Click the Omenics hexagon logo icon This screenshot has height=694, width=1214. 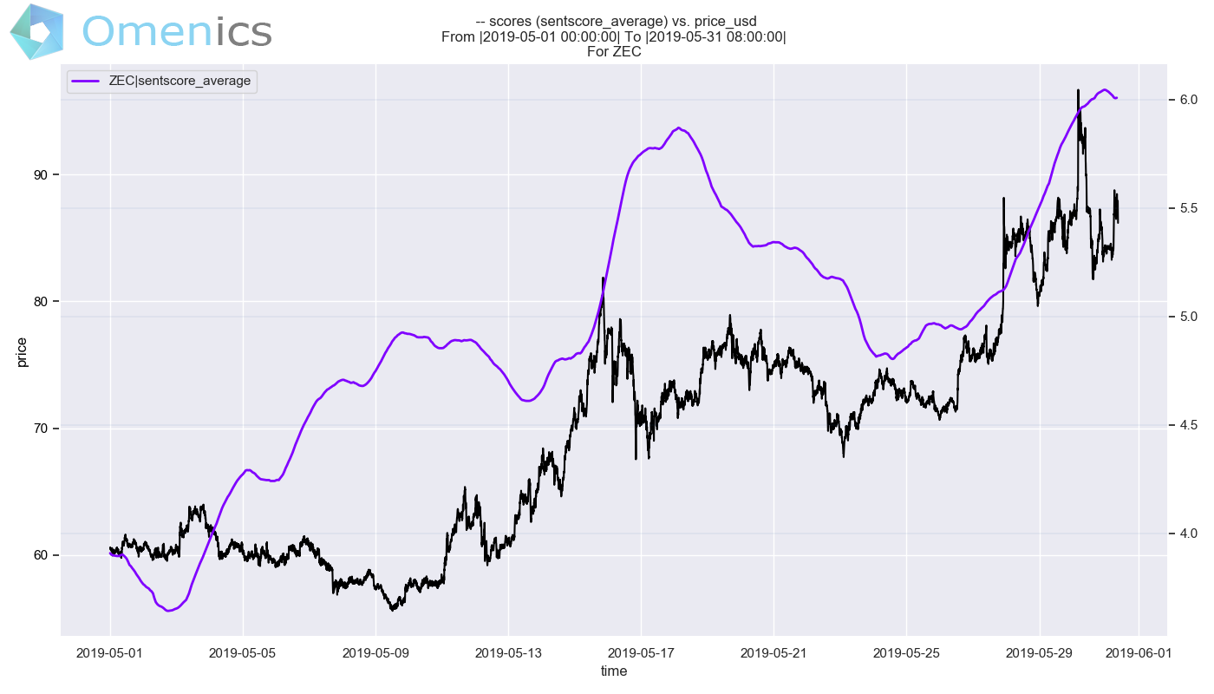(x=36, y=31)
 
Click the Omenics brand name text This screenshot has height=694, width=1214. (x=177, y=31)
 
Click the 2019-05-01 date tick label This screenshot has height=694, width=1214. (x=110, y=652)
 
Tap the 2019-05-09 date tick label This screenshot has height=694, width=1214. (x=375, y=652)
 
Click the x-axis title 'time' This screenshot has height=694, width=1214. (x=614, y=671)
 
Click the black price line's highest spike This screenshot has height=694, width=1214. (x=1078, y=89)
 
